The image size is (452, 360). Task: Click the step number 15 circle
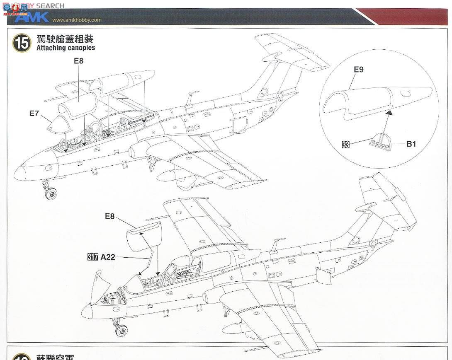pyautogui.click(x=22, y=43)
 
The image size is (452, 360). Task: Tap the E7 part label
pyautogui.click(x=34, y=113)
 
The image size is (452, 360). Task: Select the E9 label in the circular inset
pyautogui.click(x=358, y=70)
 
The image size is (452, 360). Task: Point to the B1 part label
pyautogui.click(x=411, y=144)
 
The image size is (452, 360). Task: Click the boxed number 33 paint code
pyautogui.click(x=345, y=144)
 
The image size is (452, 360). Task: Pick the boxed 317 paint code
pyautogui.click(x=92, y=257)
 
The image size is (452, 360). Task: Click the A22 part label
pyautogui.click(x=107, y=257)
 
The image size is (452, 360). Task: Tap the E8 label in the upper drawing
pyautogui.click(x=78, y=61)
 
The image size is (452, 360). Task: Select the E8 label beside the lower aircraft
pyautogui.click(x=109, y=216)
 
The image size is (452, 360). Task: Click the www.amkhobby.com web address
pyautogui.click(x=77, y=20)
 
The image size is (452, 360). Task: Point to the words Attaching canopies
pyautogui.click(x=66, y=48)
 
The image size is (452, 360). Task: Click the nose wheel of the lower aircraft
pyautogui.click(x=121, y=330)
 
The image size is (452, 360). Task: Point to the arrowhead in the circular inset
pyautogui.click(x=389, y=111)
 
